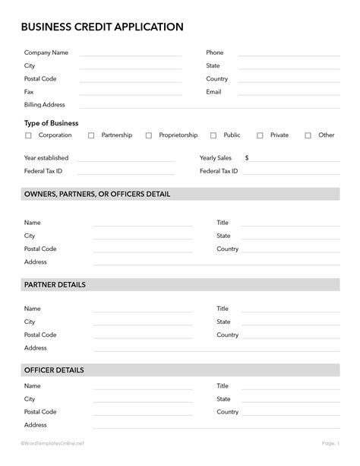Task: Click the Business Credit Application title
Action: pos(102,27)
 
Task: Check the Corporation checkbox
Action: pos(29,135)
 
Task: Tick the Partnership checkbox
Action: pos(91,135)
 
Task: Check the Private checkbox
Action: pos(260,135)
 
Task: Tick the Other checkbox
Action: pos(308,135)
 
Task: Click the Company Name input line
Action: pos(131,55)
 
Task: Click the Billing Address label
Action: pos(45,105)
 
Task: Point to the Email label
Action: pos(213,92)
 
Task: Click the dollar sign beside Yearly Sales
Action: pos(247,158)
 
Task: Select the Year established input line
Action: pos(126,160)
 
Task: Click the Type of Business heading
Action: pos(52,122)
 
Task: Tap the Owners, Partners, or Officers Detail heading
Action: pos(97,195)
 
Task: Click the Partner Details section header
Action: pos(55,284)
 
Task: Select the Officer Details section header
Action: pos(54,370)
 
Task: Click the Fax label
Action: pos(29,92)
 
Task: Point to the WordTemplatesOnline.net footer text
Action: pos(52,442)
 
